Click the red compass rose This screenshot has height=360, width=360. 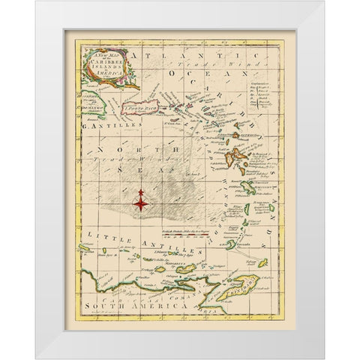pos(140,199)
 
